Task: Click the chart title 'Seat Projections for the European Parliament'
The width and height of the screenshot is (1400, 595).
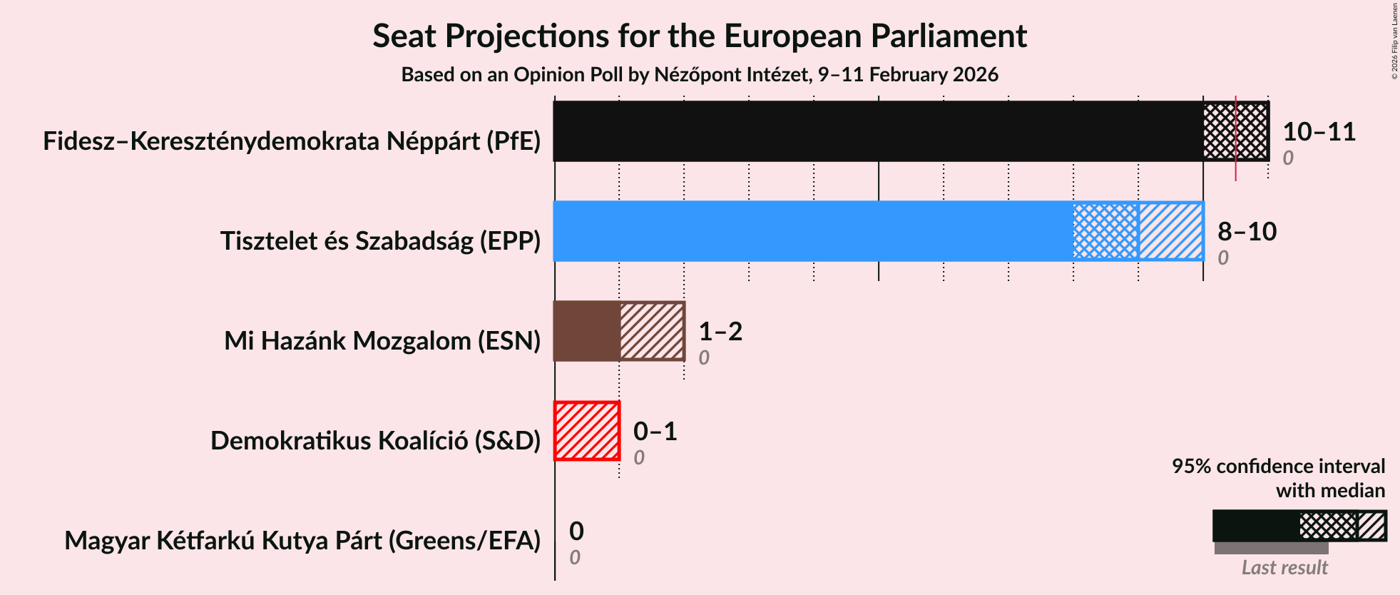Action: click(699, 36)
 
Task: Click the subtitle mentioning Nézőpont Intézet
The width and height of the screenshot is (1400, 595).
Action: click(699, 75)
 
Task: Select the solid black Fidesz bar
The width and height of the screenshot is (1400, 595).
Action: click(877, 131)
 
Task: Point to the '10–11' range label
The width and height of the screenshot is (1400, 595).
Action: click(1319, 132)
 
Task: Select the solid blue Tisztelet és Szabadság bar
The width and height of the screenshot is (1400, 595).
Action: click(813, 231)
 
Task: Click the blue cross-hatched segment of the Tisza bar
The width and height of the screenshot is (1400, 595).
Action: click(1105, 231)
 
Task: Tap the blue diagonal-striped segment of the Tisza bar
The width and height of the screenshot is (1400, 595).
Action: click(1170, 231)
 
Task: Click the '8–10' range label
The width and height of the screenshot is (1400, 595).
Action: click(1247, 232)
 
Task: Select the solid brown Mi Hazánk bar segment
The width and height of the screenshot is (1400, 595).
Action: click(586, 331)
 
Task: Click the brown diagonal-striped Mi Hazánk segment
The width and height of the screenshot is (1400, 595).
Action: click(652, 331)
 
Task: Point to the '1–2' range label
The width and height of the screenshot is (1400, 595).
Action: click(720, 332)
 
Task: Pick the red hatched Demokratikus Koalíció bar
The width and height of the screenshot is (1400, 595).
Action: click(587, 431)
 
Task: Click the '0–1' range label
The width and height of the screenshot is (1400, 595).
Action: click(655, 432)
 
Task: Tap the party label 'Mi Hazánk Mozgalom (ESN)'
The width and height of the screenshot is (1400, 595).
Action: click(382, 341)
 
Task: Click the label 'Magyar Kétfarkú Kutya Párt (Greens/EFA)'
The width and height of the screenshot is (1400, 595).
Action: click(302, 541)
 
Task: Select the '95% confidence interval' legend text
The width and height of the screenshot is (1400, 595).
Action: click(1278, 467)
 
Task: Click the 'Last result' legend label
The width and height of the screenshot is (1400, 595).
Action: click(1284, 568)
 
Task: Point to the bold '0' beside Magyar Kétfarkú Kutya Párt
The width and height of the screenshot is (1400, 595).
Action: click(576, 532)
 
